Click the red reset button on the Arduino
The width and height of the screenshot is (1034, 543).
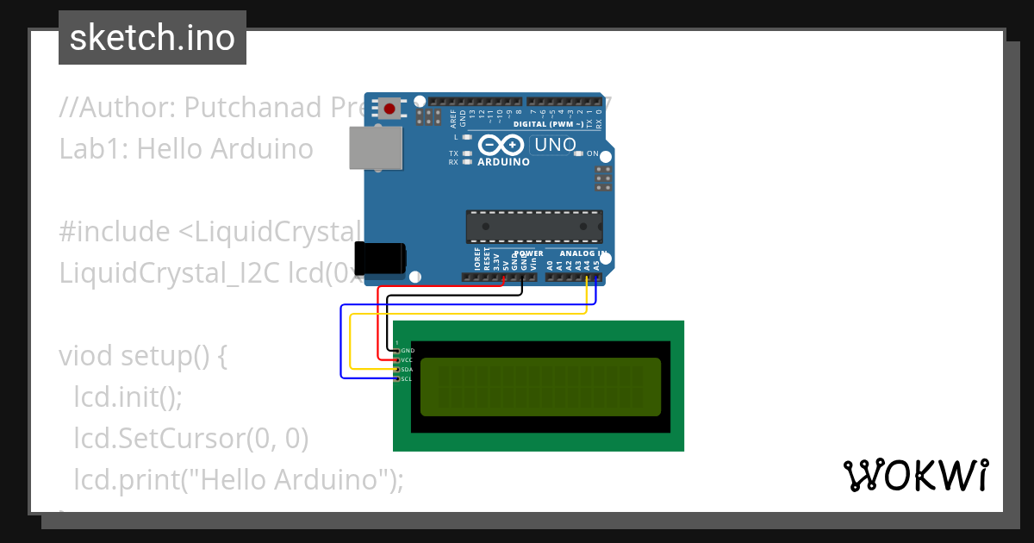pyautogui.click(x=389, y=109)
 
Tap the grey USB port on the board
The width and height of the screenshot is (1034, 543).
pyautogui.click(x=377, y=147)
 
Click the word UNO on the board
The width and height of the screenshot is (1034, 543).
pyautogui.click(x=555, y=145)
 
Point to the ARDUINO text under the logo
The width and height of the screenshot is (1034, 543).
pyautogui.click(x=503, y=161)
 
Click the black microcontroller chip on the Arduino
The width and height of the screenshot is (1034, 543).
pyautogui.click(x=534, y=226)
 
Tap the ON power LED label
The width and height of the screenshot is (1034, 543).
pyautogui.click(x=593, y=153)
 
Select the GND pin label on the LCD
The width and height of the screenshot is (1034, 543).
pyautogui.click(x=408, y=351)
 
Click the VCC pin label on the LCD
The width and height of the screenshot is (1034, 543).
pyautogui.click(x=408, y=359)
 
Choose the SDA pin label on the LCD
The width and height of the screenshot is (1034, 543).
pyautogui.click(x=408, y=369)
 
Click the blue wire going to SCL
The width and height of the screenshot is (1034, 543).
pyautogui.click(x=341, y=345)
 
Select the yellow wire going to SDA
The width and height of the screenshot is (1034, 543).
pyautogui.click(x=352, y=345)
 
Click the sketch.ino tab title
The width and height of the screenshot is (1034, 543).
pyautogui.click(x=153, y=38)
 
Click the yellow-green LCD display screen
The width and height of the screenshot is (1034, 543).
pyautogui.click(x=540, y=387)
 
